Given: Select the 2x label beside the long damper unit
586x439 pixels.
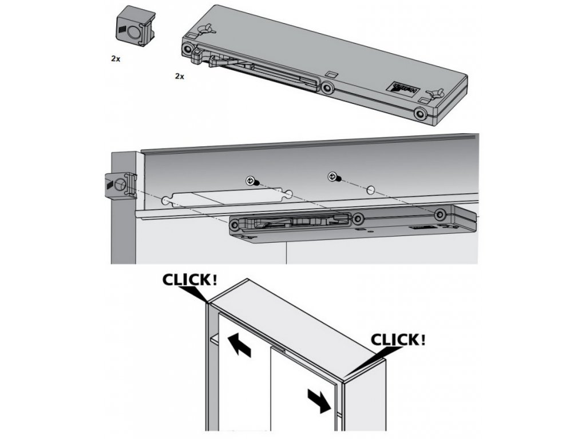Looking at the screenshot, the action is tap(180, 75).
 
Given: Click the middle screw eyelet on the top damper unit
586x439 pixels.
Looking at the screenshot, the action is tap(327, 88).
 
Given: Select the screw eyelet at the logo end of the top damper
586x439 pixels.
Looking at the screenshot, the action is tap(421, 114).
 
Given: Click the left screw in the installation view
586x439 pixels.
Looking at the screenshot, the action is tap(252, 181).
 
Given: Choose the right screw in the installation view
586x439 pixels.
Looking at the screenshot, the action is tap(333, 178).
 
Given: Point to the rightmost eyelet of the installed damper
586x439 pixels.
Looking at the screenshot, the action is tap(440, 215).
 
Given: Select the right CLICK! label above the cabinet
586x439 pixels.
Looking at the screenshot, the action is tap(398, 339).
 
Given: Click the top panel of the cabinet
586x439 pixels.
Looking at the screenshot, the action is tap(286, 326).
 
